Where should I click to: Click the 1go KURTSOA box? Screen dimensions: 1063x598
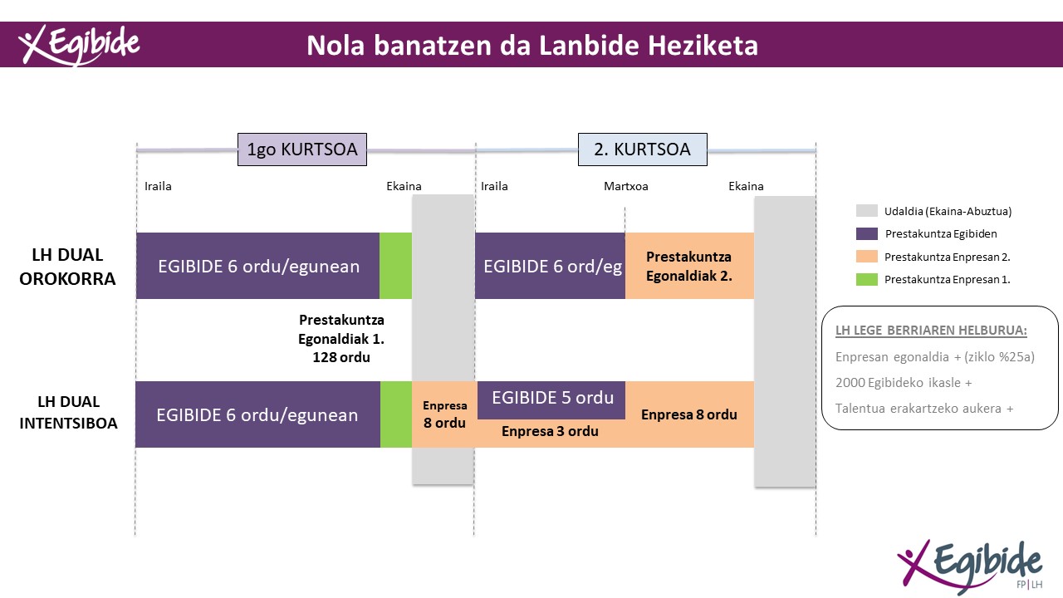[x=302, y=149]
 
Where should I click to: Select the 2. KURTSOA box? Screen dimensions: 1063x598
[x=643, y=149]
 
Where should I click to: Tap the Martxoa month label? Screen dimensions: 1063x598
[x=626, y=186]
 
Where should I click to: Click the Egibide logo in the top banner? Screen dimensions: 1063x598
[x=79, y=45]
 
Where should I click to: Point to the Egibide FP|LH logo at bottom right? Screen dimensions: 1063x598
[x=970, y=566]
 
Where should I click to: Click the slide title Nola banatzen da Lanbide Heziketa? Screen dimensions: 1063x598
[x=532, y=46]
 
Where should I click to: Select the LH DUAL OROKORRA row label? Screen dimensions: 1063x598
[x=67, y=267]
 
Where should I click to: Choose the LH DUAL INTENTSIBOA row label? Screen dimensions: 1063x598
[x=68, y=413]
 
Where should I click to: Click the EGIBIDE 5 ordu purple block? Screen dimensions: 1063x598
[x=551, y=400]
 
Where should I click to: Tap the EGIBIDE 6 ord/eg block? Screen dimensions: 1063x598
[x=550, y=266]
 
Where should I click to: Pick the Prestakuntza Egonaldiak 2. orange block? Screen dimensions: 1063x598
[x=689, y=266]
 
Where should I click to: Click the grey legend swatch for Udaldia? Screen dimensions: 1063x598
[x=866, y=211]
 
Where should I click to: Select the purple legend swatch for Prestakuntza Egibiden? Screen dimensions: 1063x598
[x=866, y=233]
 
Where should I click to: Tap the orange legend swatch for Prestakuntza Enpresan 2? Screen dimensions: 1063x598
[x=866, y=257]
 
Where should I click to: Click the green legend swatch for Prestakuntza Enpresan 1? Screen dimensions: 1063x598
[x=866, y=280]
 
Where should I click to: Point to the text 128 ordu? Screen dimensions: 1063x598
[x=341, y=357]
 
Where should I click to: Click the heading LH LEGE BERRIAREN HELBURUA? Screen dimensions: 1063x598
[x=931, y=331]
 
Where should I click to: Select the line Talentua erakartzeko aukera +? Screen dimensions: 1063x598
[x=924, y=409]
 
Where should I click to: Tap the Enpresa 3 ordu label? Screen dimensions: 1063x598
[x=550, y=431]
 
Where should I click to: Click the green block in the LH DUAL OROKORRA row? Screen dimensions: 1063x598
[x=396, y=266]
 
